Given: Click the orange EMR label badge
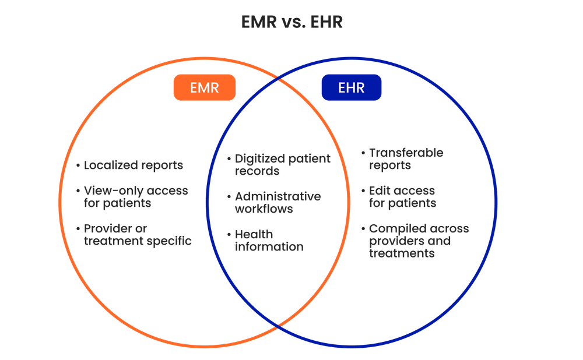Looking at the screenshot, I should pyautogui.click(x=204, y=88).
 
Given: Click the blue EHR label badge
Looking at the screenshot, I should pyautogui.click(x=352, y=88).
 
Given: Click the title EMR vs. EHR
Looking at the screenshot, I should pyautogui.click(x=292, y=22).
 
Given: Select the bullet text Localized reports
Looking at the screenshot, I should pyautogui.click(x=134, y=165).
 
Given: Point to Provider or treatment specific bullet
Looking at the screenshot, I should pyautogui.click(x=138, y=234).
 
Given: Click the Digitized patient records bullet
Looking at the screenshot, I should pyautogui.click(x=282, y=165).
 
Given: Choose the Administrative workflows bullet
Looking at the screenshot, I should pyautogui.click(x=278, y=202).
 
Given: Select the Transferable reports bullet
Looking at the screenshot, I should pyautogui.click(x=406, y=159).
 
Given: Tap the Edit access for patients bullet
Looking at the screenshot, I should pyautogui.click(x=402, y=196).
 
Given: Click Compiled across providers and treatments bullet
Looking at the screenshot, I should pyautogui.click(x=419, y=240).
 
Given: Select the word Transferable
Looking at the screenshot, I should pyautogui.click(x=406, y=153).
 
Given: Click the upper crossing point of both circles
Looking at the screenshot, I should pyautogui.click(x=279, y=79).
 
